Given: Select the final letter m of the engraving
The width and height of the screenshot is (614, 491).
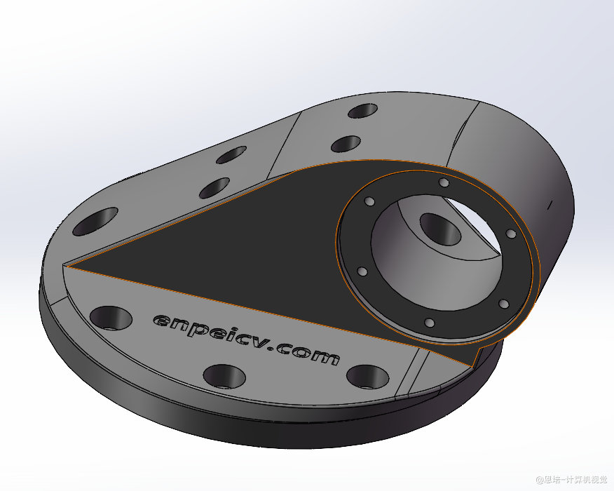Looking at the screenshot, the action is pos(326,357).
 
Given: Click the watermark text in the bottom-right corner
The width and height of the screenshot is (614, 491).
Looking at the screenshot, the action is pos(571,480).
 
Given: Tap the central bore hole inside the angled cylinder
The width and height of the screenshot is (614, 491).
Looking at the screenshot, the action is pos(441,229).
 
